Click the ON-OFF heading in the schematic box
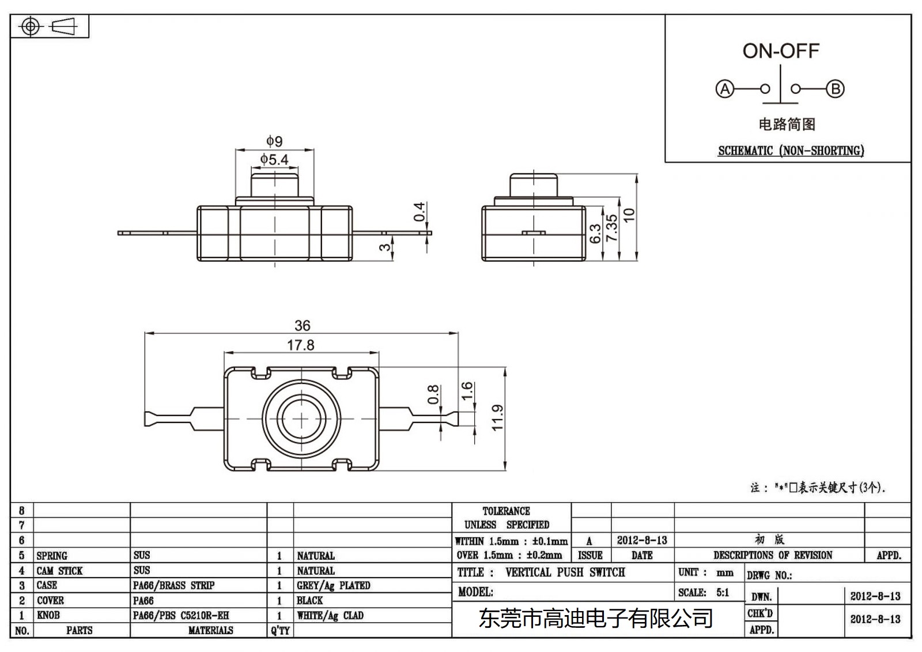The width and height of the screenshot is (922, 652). (x=780, y=51)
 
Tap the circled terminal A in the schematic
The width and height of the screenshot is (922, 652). (x=724, y=89)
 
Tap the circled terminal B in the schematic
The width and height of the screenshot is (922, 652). (x=835, y=89)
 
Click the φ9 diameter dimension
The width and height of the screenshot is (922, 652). (x=274, y=141)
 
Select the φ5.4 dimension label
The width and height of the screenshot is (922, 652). (x=274, y=159)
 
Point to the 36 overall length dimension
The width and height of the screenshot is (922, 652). (x=302, y=326)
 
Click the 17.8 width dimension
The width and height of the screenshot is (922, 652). (x=301, y=345)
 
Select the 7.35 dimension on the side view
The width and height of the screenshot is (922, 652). (x=611, y=228)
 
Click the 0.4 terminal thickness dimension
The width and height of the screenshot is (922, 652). (x=420, y=212)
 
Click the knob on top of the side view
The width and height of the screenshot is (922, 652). (x=533, y=185)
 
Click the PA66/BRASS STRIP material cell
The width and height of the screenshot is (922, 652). (x=173, y=585)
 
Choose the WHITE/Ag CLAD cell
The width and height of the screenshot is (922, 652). (x=330, y=615)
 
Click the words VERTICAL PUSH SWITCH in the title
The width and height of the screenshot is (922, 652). (x=565, y=572)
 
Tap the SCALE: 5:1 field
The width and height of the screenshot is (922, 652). (x=704, y=592)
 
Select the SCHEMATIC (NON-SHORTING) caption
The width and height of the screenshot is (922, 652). (x=791, y=150)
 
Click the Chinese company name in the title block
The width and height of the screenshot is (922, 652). (x=596, y=619)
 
